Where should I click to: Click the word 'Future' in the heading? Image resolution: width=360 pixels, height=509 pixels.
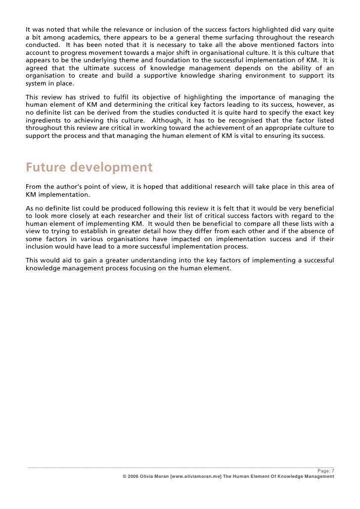point(45,168)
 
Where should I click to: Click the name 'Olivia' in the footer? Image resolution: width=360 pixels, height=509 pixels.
point(148,477)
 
